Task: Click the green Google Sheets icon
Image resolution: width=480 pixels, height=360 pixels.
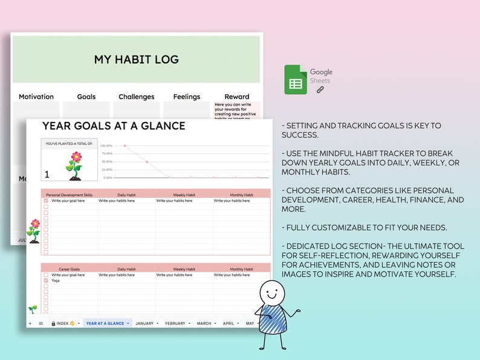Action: (296, 80)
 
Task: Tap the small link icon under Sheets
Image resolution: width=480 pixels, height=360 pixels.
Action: (320, 89)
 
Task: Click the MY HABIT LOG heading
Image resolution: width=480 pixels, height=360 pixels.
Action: (136, 60)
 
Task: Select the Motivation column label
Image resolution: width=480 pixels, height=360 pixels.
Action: (36, 97)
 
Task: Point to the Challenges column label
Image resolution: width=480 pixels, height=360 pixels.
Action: (136, 97)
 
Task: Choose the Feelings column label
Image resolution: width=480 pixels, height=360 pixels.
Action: (186, 97)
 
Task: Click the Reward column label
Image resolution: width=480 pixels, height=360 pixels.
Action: (236, 97)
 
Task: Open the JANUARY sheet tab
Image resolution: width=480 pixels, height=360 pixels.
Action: (144, 323)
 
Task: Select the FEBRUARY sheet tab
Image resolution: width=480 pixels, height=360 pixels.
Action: (175, 323)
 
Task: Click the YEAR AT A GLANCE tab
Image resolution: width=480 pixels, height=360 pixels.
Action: (105, 323)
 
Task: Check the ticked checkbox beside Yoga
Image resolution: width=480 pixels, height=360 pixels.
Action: (45, 280)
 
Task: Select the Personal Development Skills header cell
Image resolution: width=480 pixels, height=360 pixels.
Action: (69, 194)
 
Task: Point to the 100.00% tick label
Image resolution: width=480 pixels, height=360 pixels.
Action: (106, 146)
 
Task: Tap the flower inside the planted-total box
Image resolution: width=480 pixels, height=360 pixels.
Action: (75, 166)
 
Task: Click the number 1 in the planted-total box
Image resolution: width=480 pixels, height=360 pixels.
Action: (47, 175)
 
